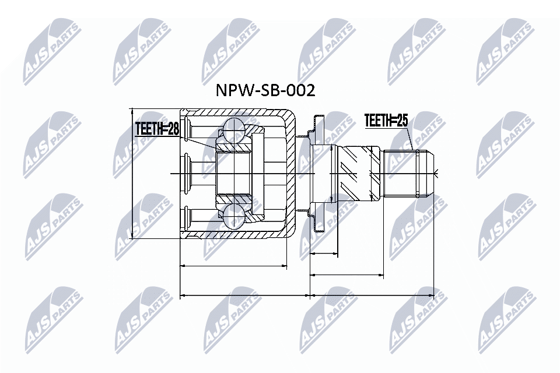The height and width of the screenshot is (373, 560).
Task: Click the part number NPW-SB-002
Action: coord(265,90)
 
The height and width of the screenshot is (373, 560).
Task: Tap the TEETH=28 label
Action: coord(156,129)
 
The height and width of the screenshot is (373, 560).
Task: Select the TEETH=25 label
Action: coord(386,121)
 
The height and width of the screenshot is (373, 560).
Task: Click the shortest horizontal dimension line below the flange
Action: coord(324,254)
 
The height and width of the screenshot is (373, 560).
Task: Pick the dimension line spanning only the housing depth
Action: coord(233,266)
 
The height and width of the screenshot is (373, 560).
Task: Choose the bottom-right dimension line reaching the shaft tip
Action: coord(373,295)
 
